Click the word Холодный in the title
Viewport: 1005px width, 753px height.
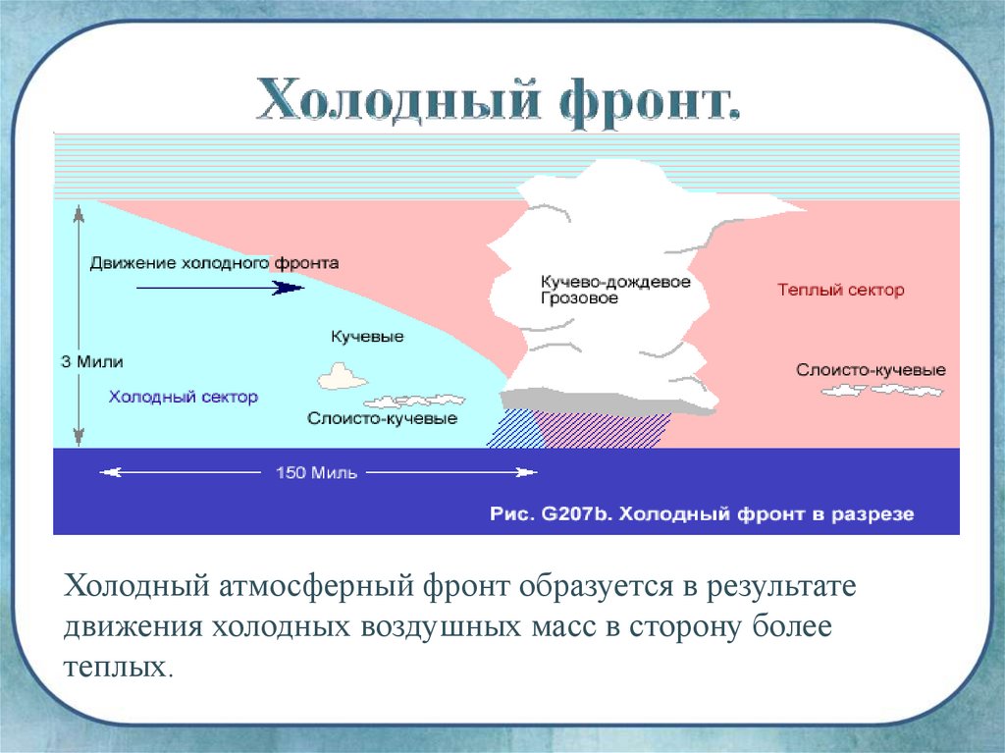pyautogui.click(x=397, y=101)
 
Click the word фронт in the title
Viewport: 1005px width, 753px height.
pyautogui.click(x=648, y=104)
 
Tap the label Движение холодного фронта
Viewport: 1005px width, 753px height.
pyautogui.click(x=214, y=263)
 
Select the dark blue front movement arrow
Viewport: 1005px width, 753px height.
pyautogui.click(x=221, y=288)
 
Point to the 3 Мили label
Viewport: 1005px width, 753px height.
pyautogui.click(x=91, y=361)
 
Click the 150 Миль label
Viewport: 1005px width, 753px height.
pyautogui.click(x=316, y=472)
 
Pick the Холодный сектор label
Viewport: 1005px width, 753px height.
pyautogui.click(x=184, y=397)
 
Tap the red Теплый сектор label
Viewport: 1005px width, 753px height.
pyautogui.click(x=841, y=290)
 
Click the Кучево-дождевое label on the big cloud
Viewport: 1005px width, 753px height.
pyautogui.click(x=615, y=282)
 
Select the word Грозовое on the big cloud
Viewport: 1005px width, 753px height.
pyautogui.click(x=579, y=298)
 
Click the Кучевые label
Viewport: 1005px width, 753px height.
pyautogui.click(x=367, y=337)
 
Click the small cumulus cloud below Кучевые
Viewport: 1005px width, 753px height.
pyautogui.click(x=343, y=377)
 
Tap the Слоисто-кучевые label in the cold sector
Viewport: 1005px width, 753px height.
pyautogui.click(x=382, y=419)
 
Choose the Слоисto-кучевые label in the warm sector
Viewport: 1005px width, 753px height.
pyautogui.click(x=872, y=370)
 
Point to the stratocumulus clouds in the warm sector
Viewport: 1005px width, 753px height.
pyautogui.click(x=882, y=390)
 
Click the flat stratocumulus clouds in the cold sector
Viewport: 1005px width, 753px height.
pyautogui.click(x=414, y=402)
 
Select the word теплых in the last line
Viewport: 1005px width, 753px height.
pyautogui.click(x=118, y=667)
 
